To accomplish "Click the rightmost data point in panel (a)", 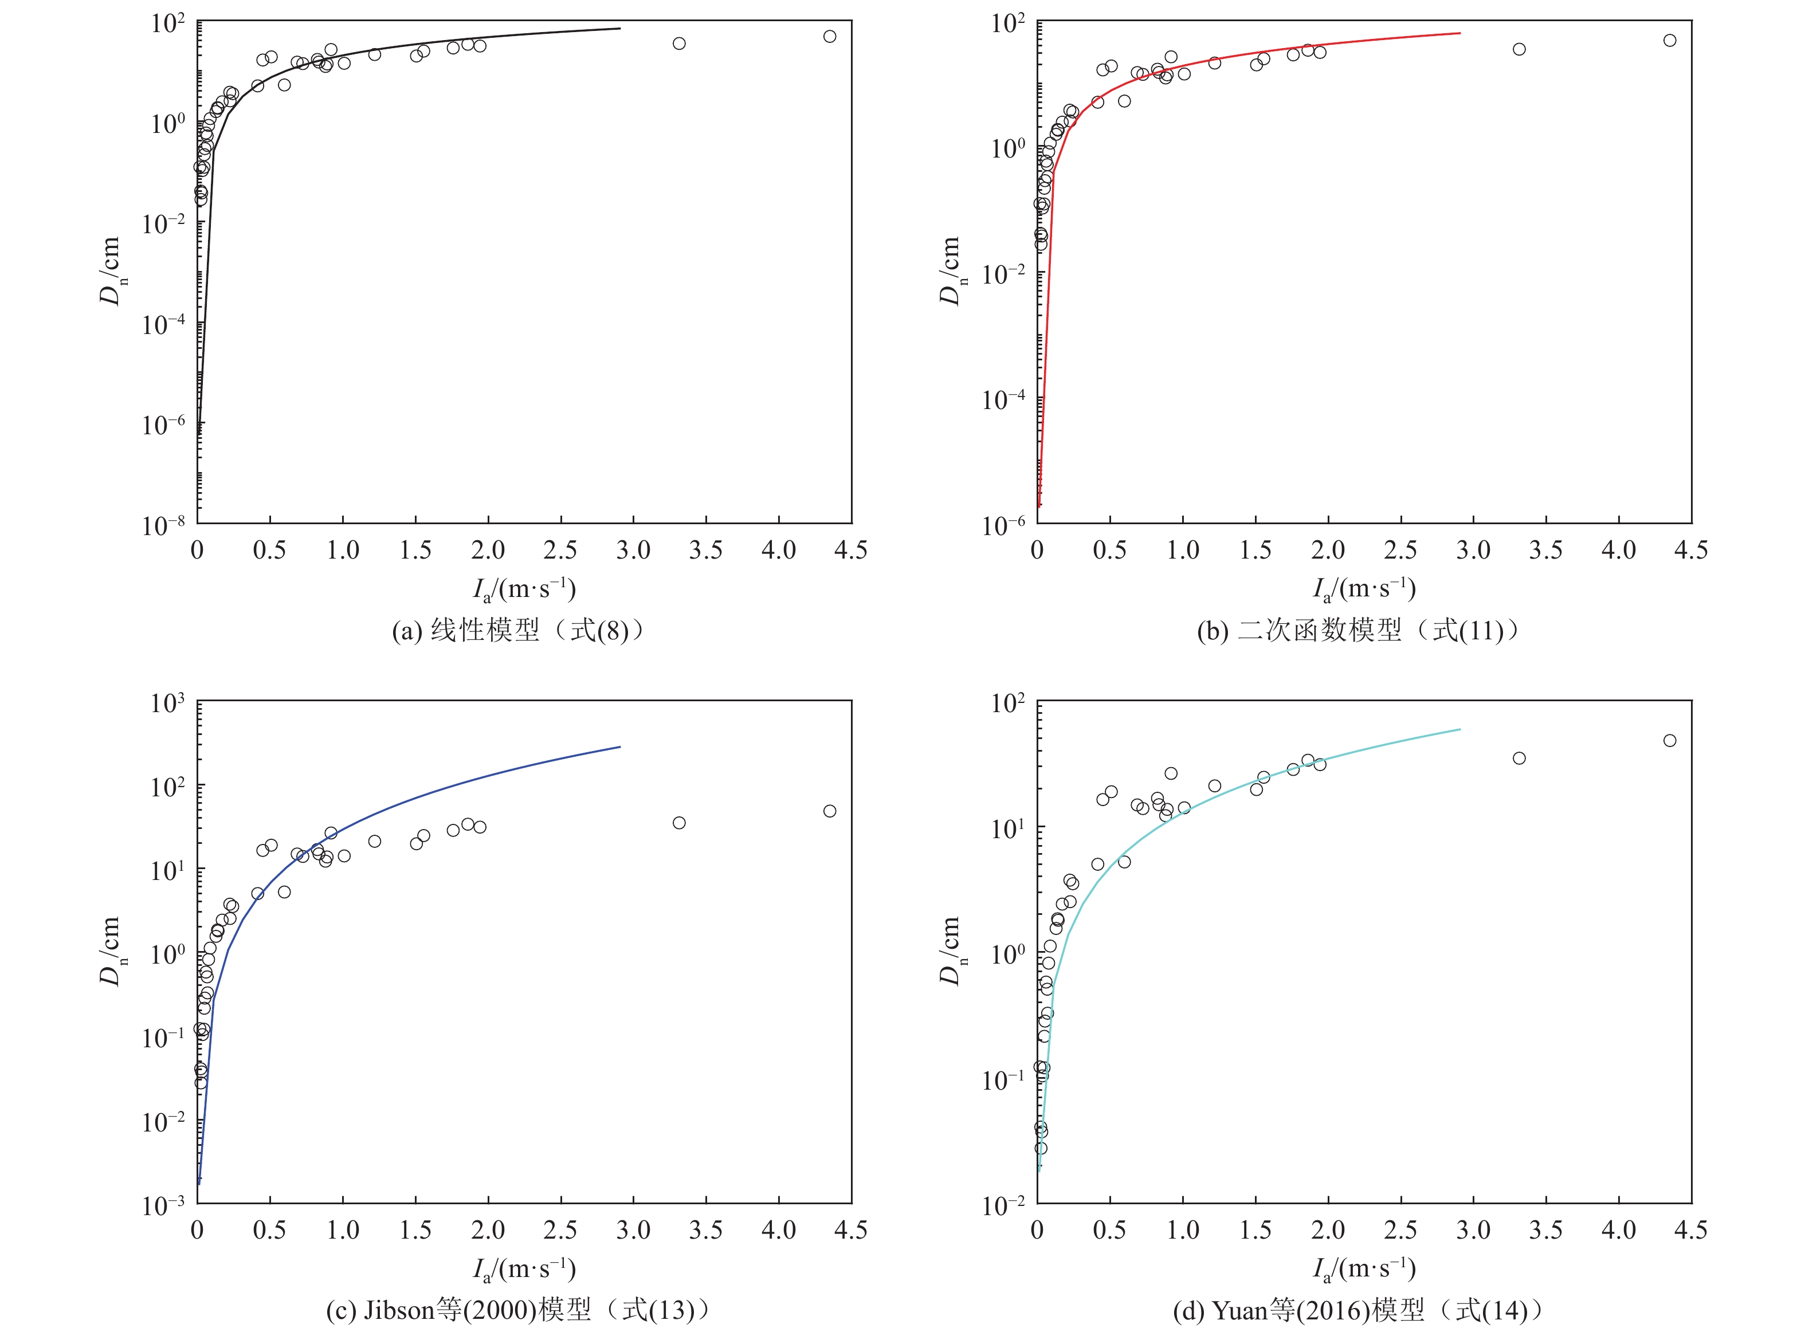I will point(829,36).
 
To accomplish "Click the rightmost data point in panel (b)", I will point(1669,40).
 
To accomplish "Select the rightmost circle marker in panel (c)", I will point(829,811).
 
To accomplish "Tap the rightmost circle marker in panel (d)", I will point(1669,740).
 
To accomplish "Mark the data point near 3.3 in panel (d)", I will point(1518,758).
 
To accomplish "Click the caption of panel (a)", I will point(518,631).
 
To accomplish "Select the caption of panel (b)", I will point(1358,631).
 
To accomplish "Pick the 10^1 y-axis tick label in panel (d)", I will point(1007,828).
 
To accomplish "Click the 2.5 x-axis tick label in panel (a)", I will point(560,551).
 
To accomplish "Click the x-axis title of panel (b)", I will point(1364,590).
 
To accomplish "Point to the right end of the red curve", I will point(1460,33).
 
